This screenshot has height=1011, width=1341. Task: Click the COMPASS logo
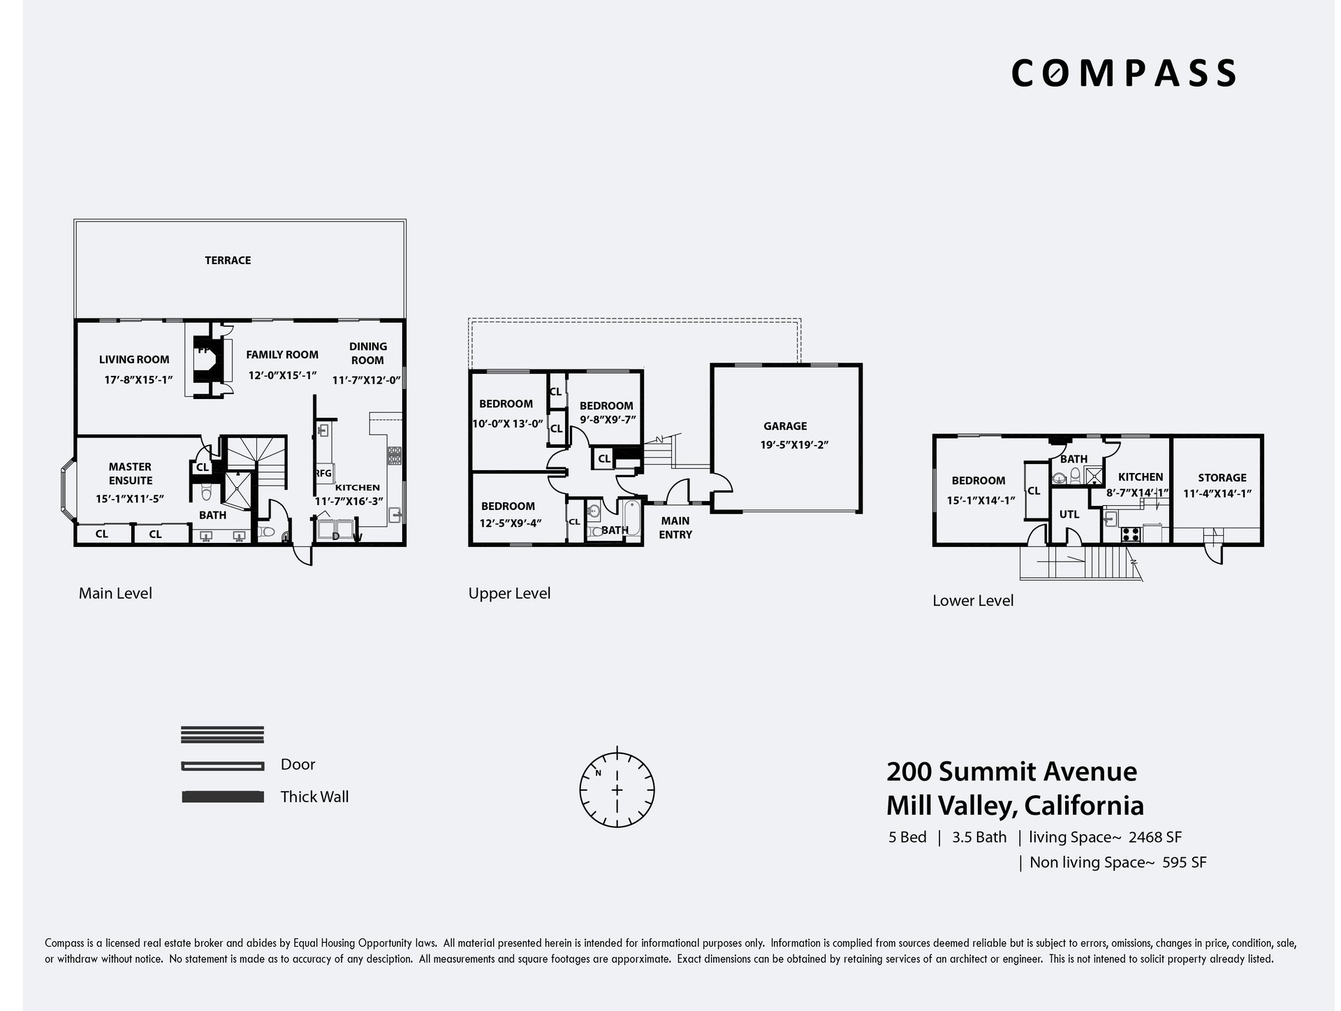click(1123, 73)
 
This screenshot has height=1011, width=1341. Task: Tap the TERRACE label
click(228, 261)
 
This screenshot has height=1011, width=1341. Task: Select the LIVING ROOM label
click(134, 360)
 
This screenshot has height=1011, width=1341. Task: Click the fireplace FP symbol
click(203, 350)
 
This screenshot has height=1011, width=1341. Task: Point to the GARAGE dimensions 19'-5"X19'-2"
click(793, 444)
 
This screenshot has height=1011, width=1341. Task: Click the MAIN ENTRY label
click(675, 528)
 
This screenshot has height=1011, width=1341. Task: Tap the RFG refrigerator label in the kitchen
click(323, 474)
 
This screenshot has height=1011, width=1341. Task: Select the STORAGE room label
click(1222, 478)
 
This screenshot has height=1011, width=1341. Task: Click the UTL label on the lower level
click(1069, 514)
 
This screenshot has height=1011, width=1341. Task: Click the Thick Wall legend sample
click(223, 797)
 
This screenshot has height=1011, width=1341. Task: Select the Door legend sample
click(223, 766)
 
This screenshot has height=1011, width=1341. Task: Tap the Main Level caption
click(115, 593)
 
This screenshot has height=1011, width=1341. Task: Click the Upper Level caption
click(509, 594)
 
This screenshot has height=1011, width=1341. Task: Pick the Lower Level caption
click(973, 601)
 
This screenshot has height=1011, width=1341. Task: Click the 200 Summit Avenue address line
click(1012, 772)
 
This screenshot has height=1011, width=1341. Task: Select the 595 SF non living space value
click(1185, 862)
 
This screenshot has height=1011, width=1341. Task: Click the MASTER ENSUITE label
click(131, 474)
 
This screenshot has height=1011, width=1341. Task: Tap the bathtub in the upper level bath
click(633, 520)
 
